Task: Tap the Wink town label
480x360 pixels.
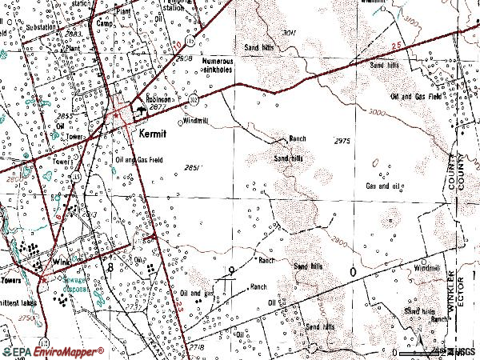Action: (62, 262)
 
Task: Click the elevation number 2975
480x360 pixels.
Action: (342, 141)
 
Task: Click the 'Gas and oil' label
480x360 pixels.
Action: (382, 186)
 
